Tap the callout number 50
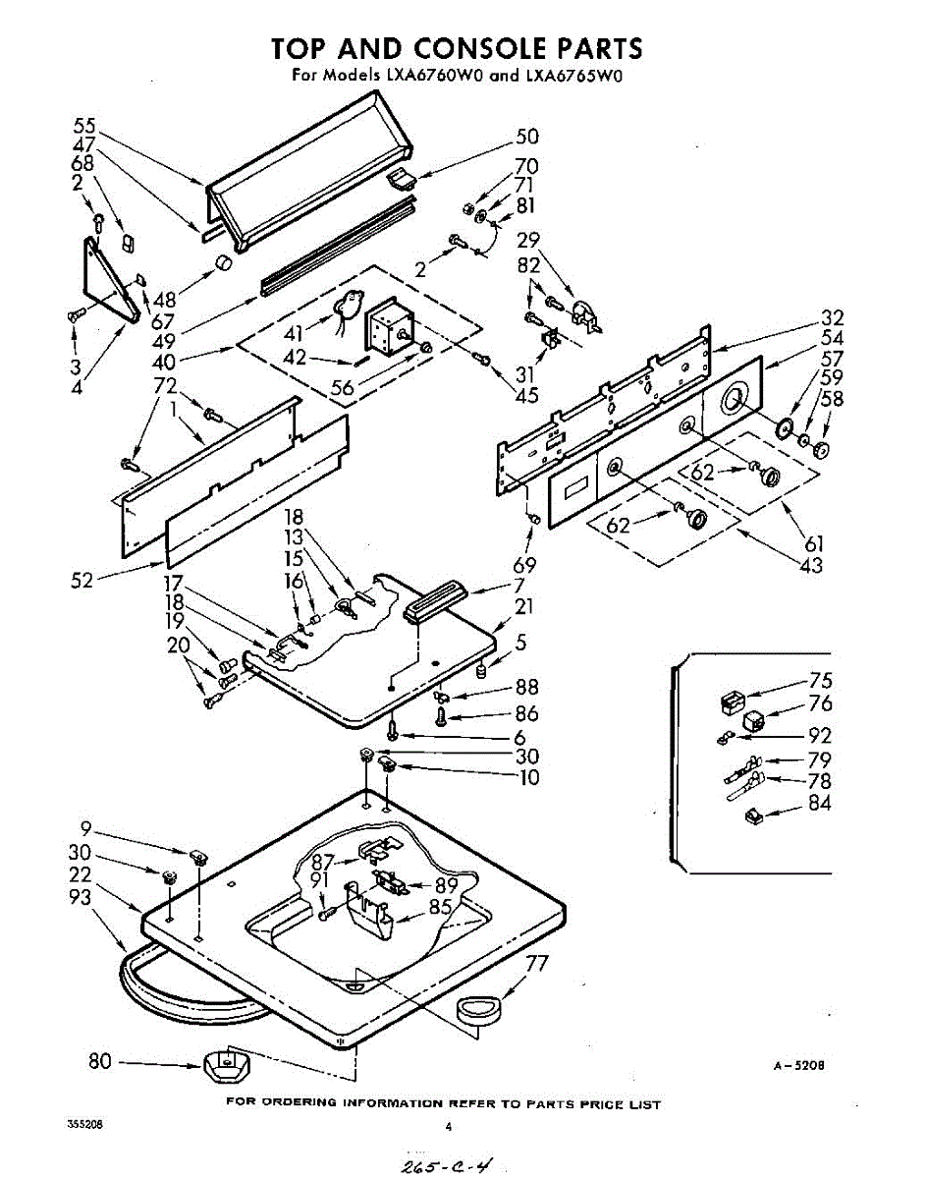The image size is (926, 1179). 527,138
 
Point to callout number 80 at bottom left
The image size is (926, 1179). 100,1061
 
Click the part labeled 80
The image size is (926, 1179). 226,1064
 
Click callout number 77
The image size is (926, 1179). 535,965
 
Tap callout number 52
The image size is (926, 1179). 82,581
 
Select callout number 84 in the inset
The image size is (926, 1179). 820,804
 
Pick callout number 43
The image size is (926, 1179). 811,565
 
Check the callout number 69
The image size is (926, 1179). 525,565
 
